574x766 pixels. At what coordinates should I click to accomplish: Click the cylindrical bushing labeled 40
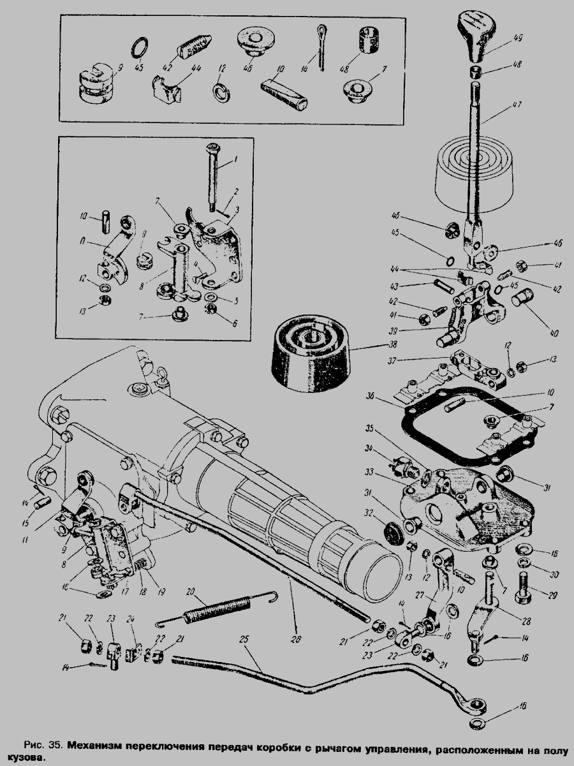point(522,298)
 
